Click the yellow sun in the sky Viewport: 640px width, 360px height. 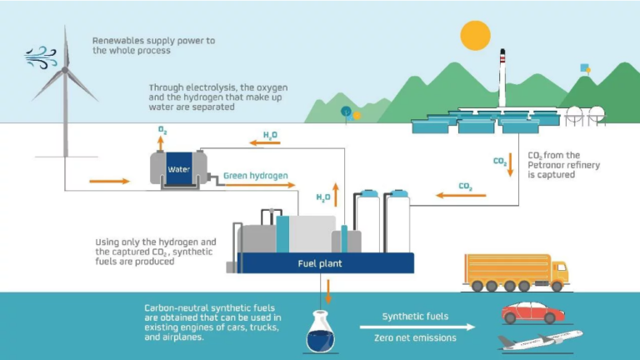(476, 36)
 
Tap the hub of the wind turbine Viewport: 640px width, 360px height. (65, 70)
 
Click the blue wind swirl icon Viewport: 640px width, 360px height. (41, 57)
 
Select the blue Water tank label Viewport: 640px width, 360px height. (179, 169)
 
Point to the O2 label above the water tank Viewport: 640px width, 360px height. (162, 130)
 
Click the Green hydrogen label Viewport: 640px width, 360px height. (256, 176)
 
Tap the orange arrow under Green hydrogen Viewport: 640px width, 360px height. (260, 185)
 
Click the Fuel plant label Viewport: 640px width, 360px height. (320, 263)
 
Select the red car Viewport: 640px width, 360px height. (533, 312)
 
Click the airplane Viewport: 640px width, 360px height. (540, 340)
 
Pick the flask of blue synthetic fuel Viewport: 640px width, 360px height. (320, 332)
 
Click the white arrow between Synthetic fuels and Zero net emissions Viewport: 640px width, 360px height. (417, 327)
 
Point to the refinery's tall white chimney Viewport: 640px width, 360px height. (502, 78)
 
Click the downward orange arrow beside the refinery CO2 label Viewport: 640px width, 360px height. (510, 165)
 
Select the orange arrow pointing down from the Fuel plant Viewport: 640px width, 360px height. (328, 292)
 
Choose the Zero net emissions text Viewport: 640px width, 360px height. (415, 338)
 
